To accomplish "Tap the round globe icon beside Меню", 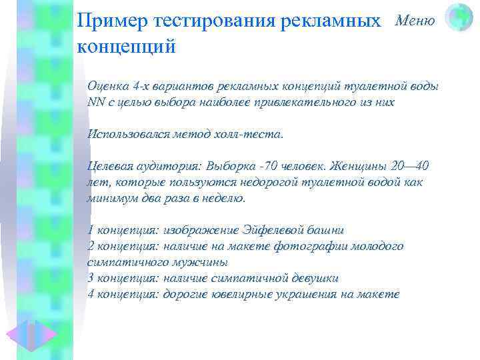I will tap(459, 18).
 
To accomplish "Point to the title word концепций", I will tap(126, 46).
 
